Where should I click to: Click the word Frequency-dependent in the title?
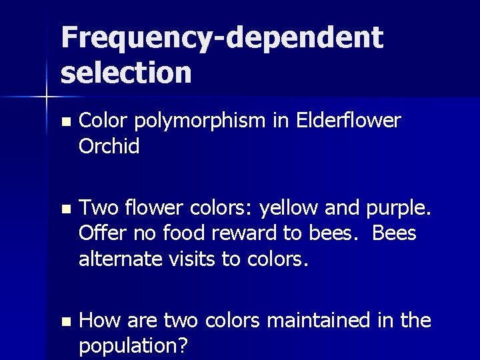[x=222, y=39]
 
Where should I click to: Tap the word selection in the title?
[x=126, y=72]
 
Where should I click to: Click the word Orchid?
[x=109, y=146]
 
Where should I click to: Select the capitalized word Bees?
[x=394, y=233]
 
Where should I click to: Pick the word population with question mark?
[x=134, y=346]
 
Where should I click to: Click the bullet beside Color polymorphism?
[x=64, y=122]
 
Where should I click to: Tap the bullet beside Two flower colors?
[x=64, y=209]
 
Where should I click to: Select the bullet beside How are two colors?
[x=64, y=321]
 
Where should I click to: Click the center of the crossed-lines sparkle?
[x=46, y=97]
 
